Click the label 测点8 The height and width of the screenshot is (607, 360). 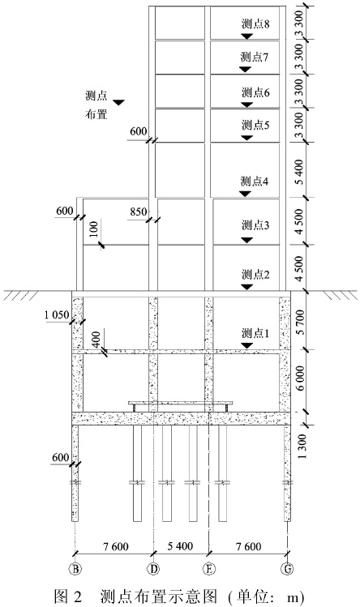tap(255, 24)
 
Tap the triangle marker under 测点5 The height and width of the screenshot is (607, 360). tap(246, 138)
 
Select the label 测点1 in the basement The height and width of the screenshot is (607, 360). tap(255, 333)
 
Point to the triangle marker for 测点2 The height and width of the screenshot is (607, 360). tap(246, 287)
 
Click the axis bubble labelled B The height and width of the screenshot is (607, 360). tap(75, 568)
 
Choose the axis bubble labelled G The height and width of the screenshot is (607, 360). tap(288, 568)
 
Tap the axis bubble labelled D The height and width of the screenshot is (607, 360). tap(154, 568)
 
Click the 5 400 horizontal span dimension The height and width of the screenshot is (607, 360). tap(180, 546)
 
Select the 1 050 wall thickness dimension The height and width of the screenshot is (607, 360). tap(57, 315)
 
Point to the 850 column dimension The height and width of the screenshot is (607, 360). tap(139, 212)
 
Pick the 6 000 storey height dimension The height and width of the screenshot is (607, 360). tap(302, 378)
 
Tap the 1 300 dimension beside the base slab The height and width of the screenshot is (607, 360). tap(302, 446)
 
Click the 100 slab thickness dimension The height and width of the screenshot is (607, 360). tap(95, 229)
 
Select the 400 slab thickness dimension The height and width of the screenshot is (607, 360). tap(96, 339)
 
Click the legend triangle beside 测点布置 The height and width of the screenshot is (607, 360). tap(118, 102)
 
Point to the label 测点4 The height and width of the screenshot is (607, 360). tap(255, 182)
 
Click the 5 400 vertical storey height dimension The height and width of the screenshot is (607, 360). tap(302, 172)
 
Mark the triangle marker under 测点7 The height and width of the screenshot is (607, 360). tap(245, 70)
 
